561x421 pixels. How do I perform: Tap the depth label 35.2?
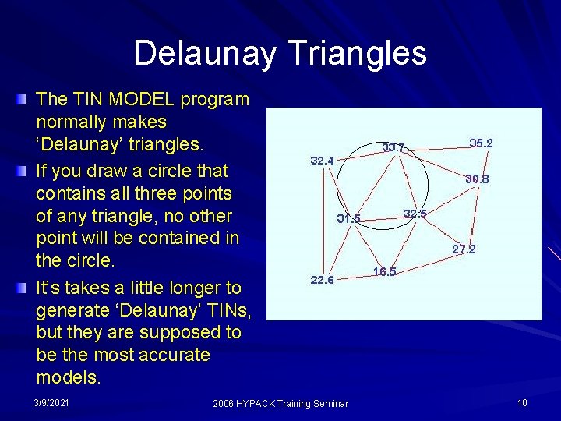[x=481, y=143]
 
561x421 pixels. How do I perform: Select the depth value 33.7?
[x=393, y=147]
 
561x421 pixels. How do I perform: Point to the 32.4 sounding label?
[x=322, y=161]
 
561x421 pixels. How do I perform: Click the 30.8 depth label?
[x=477, y=179]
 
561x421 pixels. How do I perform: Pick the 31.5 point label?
[x=348, y=218]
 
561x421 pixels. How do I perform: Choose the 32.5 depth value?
[x=415, y=214]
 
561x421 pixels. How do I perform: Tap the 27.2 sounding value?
[x=464, y=250]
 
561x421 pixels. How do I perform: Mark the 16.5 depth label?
[x=385, y=272]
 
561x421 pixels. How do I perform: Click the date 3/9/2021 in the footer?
[x=51, y=402]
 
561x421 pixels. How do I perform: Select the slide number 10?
[x=521, y=402]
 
